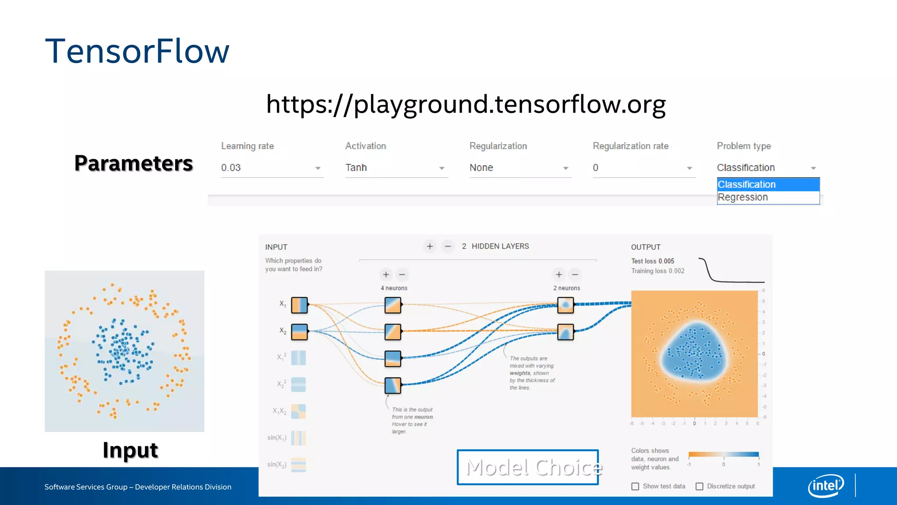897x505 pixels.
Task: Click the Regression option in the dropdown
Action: point(743,198)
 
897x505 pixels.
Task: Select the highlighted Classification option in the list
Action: point(746,185)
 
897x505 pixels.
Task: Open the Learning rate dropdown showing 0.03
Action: point(272,168)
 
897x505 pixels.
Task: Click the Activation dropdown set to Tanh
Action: point(396,168)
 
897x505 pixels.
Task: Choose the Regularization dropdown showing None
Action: point(519,168)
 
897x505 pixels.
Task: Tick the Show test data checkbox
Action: point(635,487)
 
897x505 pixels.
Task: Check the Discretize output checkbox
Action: point(699,487)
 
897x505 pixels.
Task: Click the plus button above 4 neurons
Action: point(386,275)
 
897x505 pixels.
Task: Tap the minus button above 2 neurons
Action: point(575,275)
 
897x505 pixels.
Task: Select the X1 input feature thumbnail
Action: point(300,305)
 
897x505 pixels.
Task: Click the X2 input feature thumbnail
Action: point(300,332)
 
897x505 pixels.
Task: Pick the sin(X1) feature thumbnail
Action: point(299,438)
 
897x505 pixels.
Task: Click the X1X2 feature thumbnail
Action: point(299,411)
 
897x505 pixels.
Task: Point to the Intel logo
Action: point(826,486)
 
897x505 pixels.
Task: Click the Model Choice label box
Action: point(528,467)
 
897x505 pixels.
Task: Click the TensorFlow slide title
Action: point(137,51)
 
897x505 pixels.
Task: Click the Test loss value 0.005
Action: point(666,261)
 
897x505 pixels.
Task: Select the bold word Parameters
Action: point(134,164)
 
